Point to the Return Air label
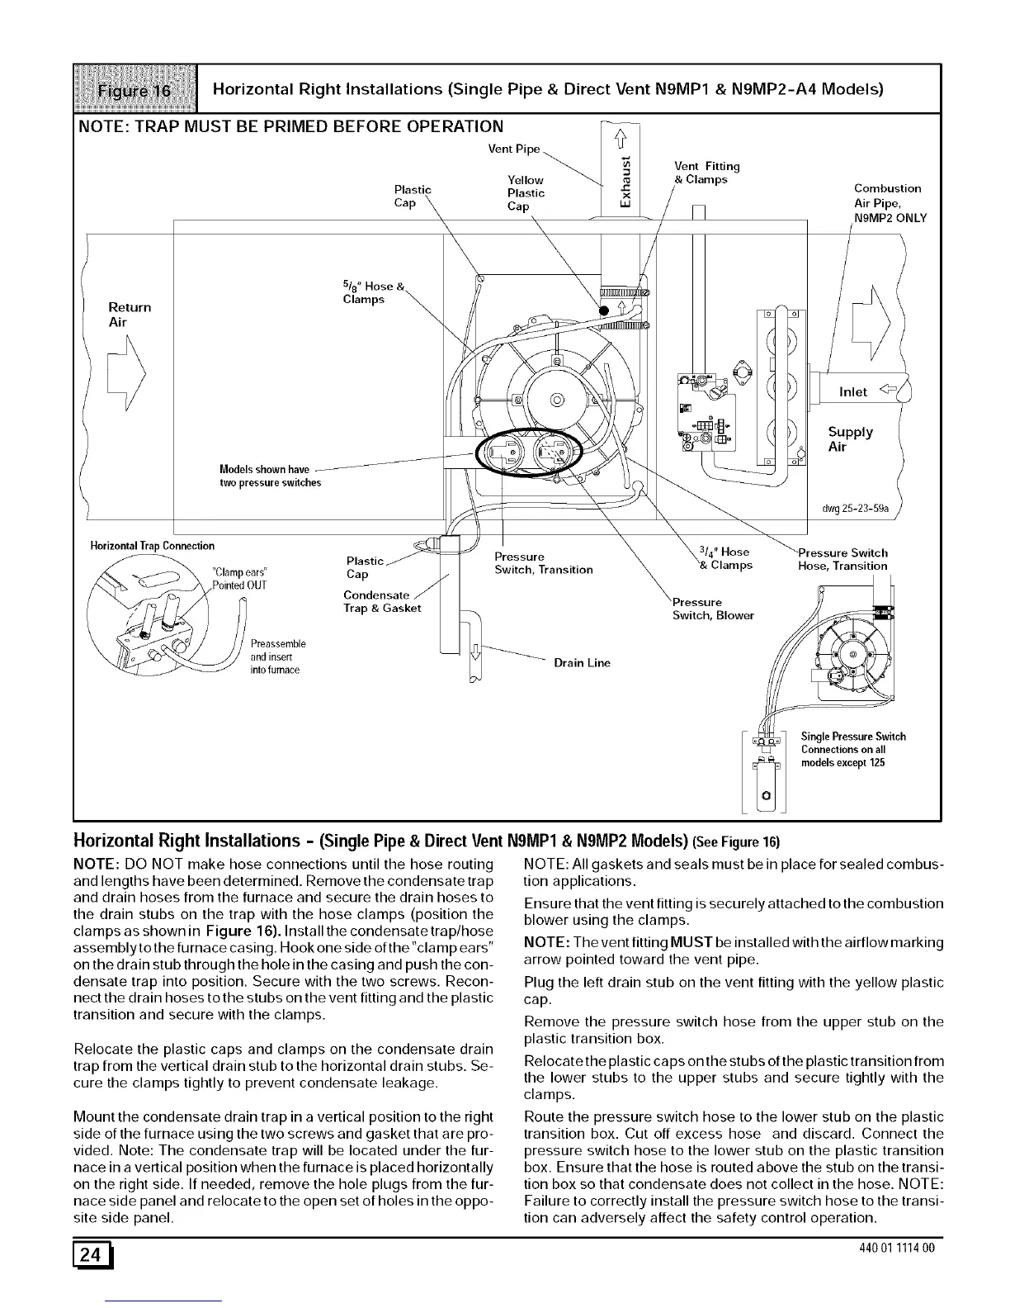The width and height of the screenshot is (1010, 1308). coord(130,315)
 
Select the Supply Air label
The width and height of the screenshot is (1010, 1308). coord(850,439)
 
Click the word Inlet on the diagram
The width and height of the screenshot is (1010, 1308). coord(852,392)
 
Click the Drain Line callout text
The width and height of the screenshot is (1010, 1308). coord(582,662)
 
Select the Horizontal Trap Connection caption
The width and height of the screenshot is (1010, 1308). coord(152,546)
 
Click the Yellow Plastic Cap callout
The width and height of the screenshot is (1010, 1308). coord(526,193)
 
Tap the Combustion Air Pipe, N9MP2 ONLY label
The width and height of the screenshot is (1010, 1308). coord(890,203)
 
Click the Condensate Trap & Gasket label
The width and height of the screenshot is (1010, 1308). coord(382,602)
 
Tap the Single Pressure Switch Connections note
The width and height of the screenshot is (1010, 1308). coord(852,749)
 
